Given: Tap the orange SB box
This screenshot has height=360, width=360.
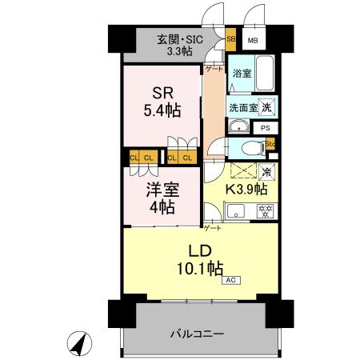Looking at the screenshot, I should (230, 38).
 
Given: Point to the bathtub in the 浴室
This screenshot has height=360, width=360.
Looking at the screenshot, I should (264, 74).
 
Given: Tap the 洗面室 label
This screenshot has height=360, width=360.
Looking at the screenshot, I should (243, 108).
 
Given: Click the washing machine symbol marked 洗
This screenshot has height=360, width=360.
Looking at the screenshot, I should (268, 107).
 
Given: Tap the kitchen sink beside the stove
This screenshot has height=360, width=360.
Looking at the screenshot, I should (237, 212).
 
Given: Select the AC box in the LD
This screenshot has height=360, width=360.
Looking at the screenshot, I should (230, 280).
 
